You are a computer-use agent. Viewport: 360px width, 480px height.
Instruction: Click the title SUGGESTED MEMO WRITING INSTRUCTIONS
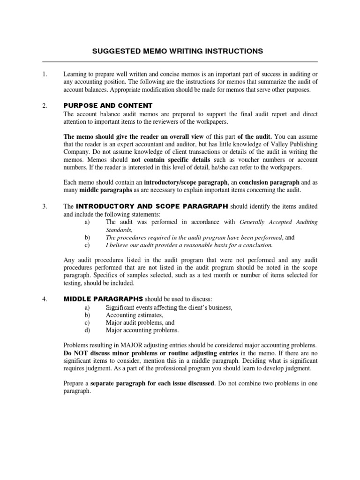(x=180, y=51)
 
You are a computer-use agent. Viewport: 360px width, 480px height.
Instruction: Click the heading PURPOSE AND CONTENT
(x=108, y=105)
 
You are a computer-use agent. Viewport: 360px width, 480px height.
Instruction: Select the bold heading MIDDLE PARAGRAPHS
(x=103, y=299)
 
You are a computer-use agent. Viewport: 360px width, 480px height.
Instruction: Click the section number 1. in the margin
(x=45, y=74)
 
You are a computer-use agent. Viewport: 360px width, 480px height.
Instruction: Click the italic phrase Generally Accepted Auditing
(x=278, y=222)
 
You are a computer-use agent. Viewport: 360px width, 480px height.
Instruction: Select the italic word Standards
(x=119, y=230)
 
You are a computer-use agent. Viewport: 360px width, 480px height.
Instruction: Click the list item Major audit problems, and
(x=140, y=322)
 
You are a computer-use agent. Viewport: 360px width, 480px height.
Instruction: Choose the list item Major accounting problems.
(x=142, y=330)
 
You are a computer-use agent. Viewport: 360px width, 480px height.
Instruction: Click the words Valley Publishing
(x=294, y=144)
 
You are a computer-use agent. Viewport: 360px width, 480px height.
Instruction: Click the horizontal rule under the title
(x=180, y=62)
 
